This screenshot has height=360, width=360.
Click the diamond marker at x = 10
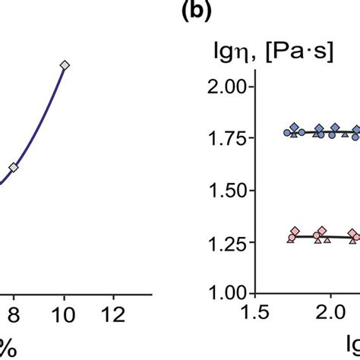click(65, 66)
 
